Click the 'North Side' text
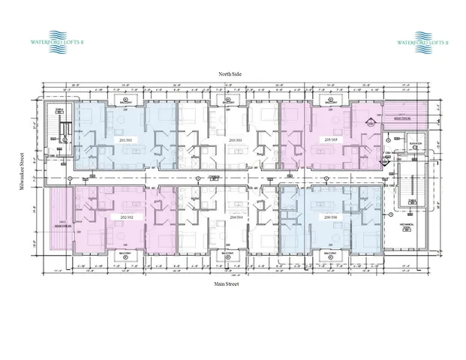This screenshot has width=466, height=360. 230,74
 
